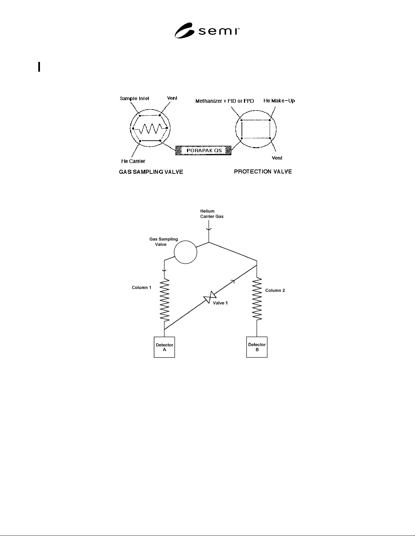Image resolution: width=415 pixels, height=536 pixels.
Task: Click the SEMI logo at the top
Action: [207, 30]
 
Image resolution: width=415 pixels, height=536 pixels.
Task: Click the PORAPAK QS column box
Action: [203, 150]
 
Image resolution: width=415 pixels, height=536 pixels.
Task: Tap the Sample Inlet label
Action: [134, 98]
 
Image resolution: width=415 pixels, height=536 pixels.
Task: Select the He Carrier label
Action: [133, 161]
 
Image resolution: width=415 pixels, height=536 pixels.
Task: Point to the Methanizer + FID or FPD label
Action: [225, 101]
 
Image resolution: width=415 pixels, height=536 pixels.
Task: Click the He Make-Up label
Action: [279, 101]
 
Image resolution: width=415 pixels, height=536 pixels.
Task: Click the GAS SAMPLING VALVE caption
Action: [151, 172]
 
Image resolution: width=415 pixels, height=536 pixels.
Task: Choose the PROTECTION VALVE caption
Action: [263, 171]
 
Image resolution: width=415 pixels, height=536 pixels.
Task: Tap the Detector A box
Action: [164, 347]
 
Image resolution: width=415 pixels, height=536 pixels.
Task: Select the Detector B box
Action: [257, 347]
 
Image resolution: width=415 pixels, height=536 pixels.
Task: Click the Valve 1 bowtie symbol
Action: [210, 297]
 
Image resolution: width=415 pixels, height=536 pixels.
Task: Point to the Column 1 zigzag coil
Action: [165, 300]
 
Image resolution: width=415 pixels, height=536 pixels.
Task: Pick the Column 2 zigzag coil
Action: [257, 299]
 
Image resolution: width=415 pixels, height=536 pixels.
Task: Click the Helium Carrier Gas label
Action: [212, 214]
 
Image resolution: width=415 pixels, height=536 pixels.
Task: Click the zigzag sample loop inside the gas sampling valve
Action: [150, 129]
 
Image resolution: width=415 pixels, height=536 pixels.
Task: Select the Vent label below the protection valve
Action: [277, 158]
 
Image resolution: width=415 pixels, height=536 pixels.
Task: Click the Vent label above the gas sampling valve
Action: [172, 98]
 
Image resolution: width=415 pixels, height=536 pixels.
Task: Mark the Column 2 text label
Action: [275, 290]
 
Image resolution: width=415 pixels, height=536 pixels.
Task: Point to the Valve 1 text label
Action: [220, 303]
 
